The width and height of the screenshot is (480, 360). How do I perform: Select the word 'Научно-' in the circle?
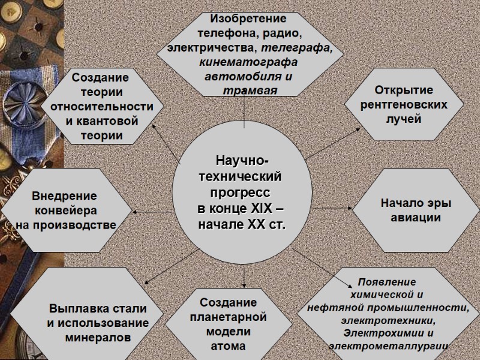[242, 163]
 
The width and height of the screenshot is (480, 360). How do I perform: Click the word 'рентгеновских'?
[404, 104]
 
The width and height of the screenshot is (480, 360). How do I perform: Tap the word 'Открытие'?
[403, 91]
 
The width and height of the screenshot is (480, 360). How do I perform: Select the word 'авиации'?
[416, 217]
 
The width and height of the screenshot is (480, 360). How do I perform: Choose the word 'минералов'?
[97, 337]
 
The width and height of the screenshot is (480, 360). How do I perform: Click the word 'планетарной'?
[228, 317]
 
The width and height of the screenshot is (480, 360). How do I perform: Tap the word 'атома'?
[228, 346]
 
